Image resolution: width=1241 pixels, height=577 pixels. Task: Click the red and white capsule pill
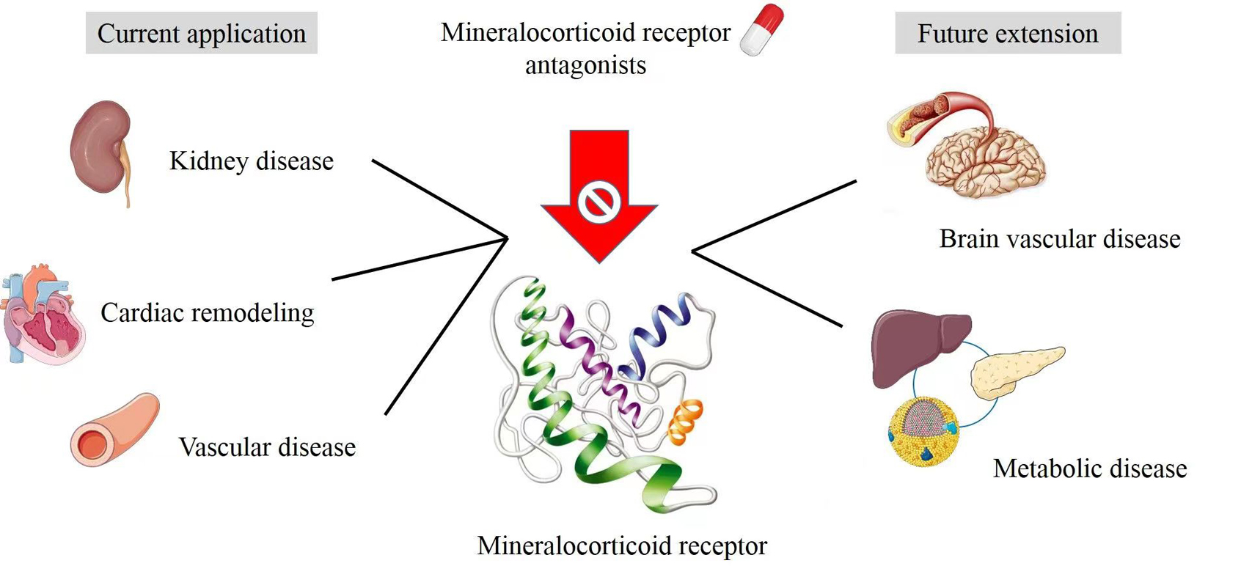coord(761,29)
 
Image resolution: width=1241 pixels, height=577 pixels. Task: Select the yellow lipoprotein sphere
coord(923,431)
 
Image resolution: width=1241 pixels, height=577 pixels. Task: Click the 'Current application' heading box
coord(202,33)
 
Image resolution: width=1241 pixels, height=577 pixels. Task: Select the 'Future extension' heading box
coord(1008,33)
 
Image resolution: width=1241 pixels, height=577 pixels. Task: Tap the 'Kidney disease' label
coord(251,161)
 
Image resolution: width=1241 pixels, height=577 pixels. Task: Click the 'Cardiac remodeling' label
coord(207,312)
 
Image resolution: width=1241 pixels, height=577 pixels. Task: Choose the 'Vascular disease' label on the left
coord(267,446)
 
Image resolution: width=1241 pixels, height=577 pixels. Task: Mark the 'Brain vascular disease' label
coord(1059,238)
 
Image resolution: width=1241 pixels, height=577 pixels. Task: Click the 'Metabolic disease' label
coord(1090,468)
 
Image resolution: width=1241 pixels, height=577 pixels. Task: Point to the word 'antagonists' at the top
coord(585,65)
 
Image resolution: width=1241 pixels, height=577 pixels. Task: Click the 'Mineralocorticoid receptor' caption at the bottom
coord(621,545)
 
